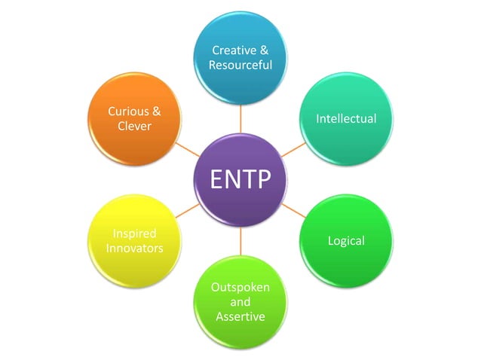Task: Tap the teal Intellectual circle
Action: pyautogui.click(x=346, y=118)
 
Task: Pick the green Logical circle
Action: pyautogui.click(x=346, y=241)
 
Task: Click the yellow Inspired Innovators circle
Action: pyautogui.click(x=134, y=241)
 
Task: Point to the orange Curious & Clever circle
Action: pyautogui.click(x=134, y=118)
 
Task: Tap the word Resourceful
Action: pyautogui.click(x=240, y=66)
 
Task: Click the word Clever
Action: pyautogui.click(x=134, y=126)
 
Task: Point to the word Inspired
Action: pyautogui.click(x=134, y=233)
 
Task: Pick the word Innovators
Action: pyautogui.click(x=134, y=248)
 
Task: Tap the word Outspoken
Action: pyautogui.click(x=240, y=287)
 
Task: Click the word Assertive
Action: pyautogui.click(x=240, y=316)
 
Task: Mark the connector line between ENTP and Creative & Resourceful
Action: pyautogui.click(x=240, y=118)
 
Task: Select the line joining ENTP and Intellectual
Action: pyautogui.click(x=294, y=149)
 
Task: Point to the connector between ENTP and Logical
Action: pyautogui.click(x=294, y=211)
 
